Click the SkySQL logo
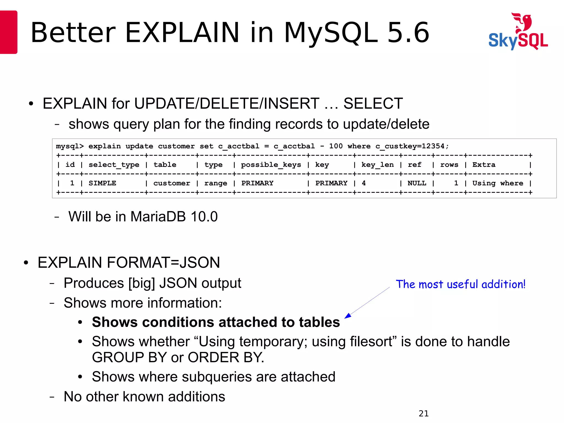click(518, 32)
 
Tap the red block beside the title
click(9, 32)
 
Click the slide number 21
click(424, 413)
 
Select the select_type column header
click(114, 165)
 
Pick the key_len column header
click(377, 165)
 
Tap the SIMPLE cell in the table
click(102, 183)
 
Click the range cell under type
click(216, 183)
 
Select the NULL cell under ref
click(417, 183)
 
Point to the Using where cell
click(498, 183)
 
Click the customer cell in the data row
click(172, 183)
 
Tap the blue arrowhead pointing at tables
click(348, 316)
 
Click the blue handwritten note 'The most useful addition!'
click(460, 284)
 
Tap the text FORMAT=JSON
click(163, 262)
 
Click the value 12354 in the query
click(433, 146)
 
